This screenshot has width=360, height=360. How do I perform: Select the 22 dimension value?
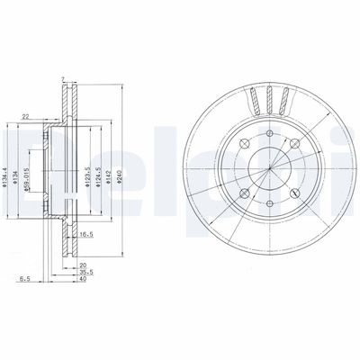(26, 114)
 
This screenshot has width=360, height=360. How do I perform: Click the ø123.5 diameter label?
(85, 166)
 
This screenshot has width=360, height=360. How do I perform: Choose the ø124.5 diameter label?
(97, 166)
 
